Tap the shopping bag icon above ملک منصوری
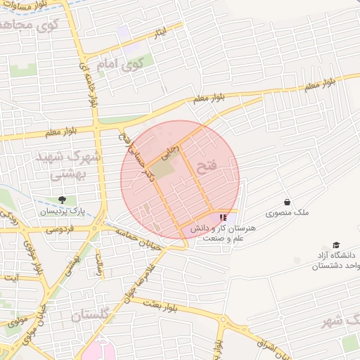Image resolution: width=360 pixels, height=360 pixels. point(288,202)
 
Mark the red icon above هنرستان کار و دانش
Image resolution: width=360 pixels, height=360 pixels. point(223,218)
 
